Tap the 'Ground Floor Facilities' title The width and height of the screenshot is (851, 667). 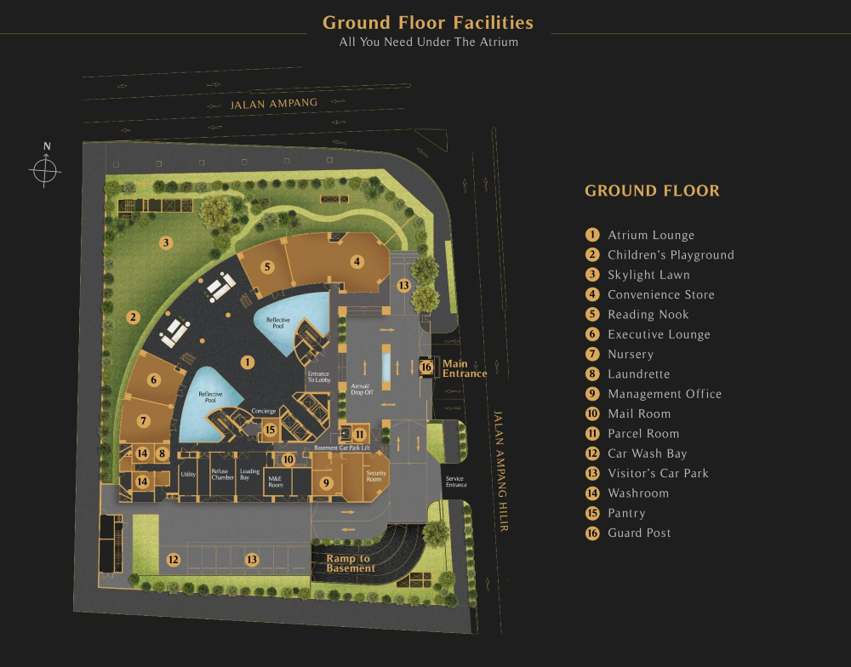point(428,22)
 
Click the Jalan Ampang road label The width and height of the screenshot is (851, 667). point(274,103)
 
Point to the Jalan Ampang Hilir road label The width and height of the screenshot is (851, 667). point(500,470)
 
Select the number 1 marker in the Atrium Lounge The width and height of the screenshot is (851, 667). point(248,362)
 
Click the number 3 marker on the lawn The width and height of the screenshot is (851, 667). point(166,242)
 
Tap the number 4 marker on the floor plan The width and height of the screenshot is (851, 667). point(357,261)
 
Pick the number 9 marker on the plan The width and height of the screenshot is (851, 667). point(326,482)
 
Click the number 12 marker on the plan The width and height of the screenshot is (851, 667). point(173,560)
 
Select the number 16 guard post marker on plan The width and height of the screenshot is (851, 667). point(426,368)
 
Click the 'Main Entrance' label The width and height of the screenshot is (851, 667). point(464,368)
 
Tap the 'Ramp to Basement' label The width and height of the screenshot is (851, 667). point(351,563)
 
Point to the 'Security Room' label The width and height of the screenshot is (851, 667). point(375,476)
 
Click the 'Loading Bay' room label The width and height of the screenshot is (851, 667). point(249,475)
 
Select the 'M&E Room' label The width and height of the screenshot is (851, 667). point(275,482)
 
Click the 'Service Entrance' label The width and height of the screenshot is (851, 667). point(456,482)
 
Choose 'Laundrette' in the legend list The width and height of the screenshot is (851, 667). point(638,374)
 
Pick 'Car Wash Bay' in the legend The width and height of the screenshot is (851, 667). point(647,453)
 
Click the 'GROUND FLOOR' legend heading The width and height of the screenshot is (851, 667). point(652,191)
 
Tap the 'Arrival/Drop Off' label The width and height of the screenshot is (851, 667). point(362,389)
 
